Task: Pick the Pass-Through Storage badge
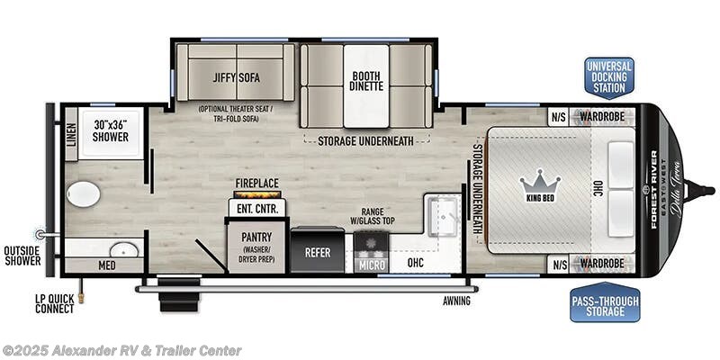coord(604,304)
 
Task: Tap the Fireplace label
coord(256,182)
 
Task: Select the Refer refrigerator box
coord(318,253)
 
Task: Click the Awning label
coord(456,301)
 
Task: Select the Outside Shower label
coord(22,256)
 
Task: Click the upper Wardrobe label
coord(602,115)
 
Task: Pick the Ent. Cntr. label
coord(256,209)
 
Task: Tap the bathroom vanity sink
coord(127,248)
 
